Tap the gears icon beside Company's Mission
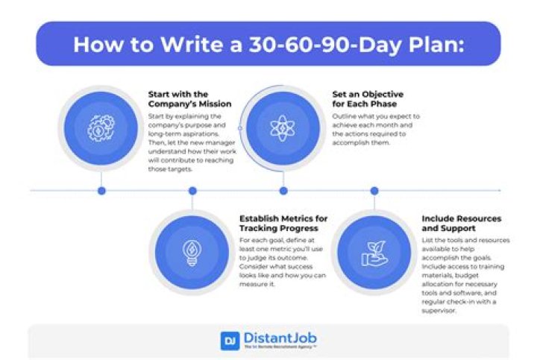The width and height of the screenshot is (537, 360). click(101, 127)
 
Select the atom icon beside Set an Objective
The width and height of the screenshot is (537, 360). click(283, 127)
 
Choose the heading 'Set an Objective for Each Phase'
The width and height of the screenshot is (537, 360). click(368, 99)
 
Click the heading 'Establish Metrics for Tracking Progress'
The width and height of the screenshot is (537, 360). click(283, 223)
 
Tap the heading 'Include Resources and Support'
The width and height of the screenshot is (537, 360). click(461, 223)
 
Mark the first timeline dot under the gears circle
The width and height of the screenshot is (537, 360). click(101, 191)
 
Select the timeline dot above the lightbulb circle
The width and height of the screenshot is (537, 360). click(192, 191)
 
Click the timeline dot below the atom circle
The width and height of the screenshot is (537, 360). click(283, 191)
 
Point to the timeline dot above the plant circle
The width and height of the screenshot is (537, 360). click(374, 191)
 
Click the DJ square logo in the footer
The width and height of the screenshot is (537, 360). click(230, 340)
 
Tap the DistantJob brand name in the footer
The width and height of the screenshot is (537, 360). click(279, 338)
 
